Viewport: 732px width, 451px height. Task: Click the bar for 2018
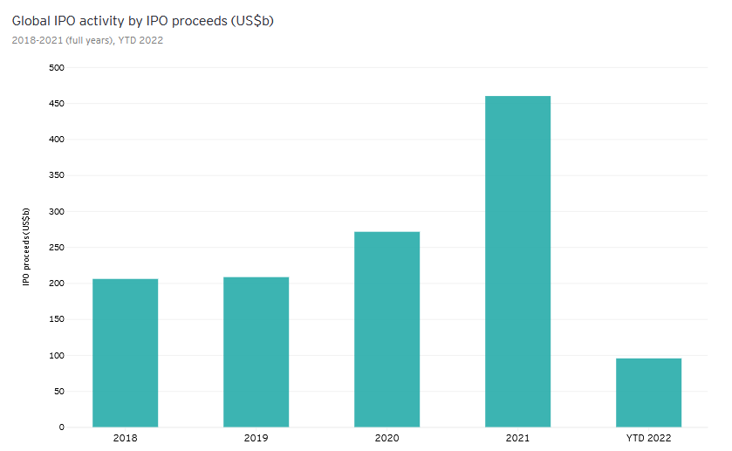pyautogui.click(x=125, y=352)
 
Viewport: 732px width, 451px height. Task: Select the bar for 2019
pyautogui.click(x=256, y=352)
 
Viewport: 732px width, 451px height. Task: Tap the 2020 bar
pyautogui.click(x=387, y=329)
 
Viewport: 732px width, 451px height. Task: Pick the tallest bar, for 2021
pyautogui.click(x=517, y=261)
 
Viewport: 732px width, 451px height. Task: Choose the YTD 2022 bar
pyautogui.click(x=648, y=393)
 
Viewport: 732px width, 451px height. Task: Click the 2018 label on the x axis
pyautogui.click(x=125, y=438)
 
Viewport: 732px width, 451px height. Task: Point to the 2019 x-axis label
pyautogui.click(x=256, y=438)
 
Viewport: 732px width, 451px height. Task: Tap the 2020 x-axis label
pyautogui.click(x=387, y=438)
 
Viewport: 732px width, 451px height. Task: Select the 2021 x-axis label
pyautogui.click(x=517, y=438)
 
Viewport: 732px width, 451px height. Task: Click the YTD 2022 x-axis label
pyautogui.click(x=648, y=438)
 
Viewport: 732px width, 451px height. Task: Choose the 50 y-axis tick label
pyautogui.click(x=58, y=392)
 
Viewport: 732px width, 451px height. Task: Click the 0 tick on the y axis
pyautogui.click(x=61, y=427)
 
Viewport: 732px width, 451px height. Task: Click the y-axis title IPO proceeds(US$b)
pyautogui.click(x=26, y=248)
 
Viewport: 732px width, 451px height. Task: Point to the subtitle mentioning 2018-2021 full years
pyautogui.click(x=87, y=40)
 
